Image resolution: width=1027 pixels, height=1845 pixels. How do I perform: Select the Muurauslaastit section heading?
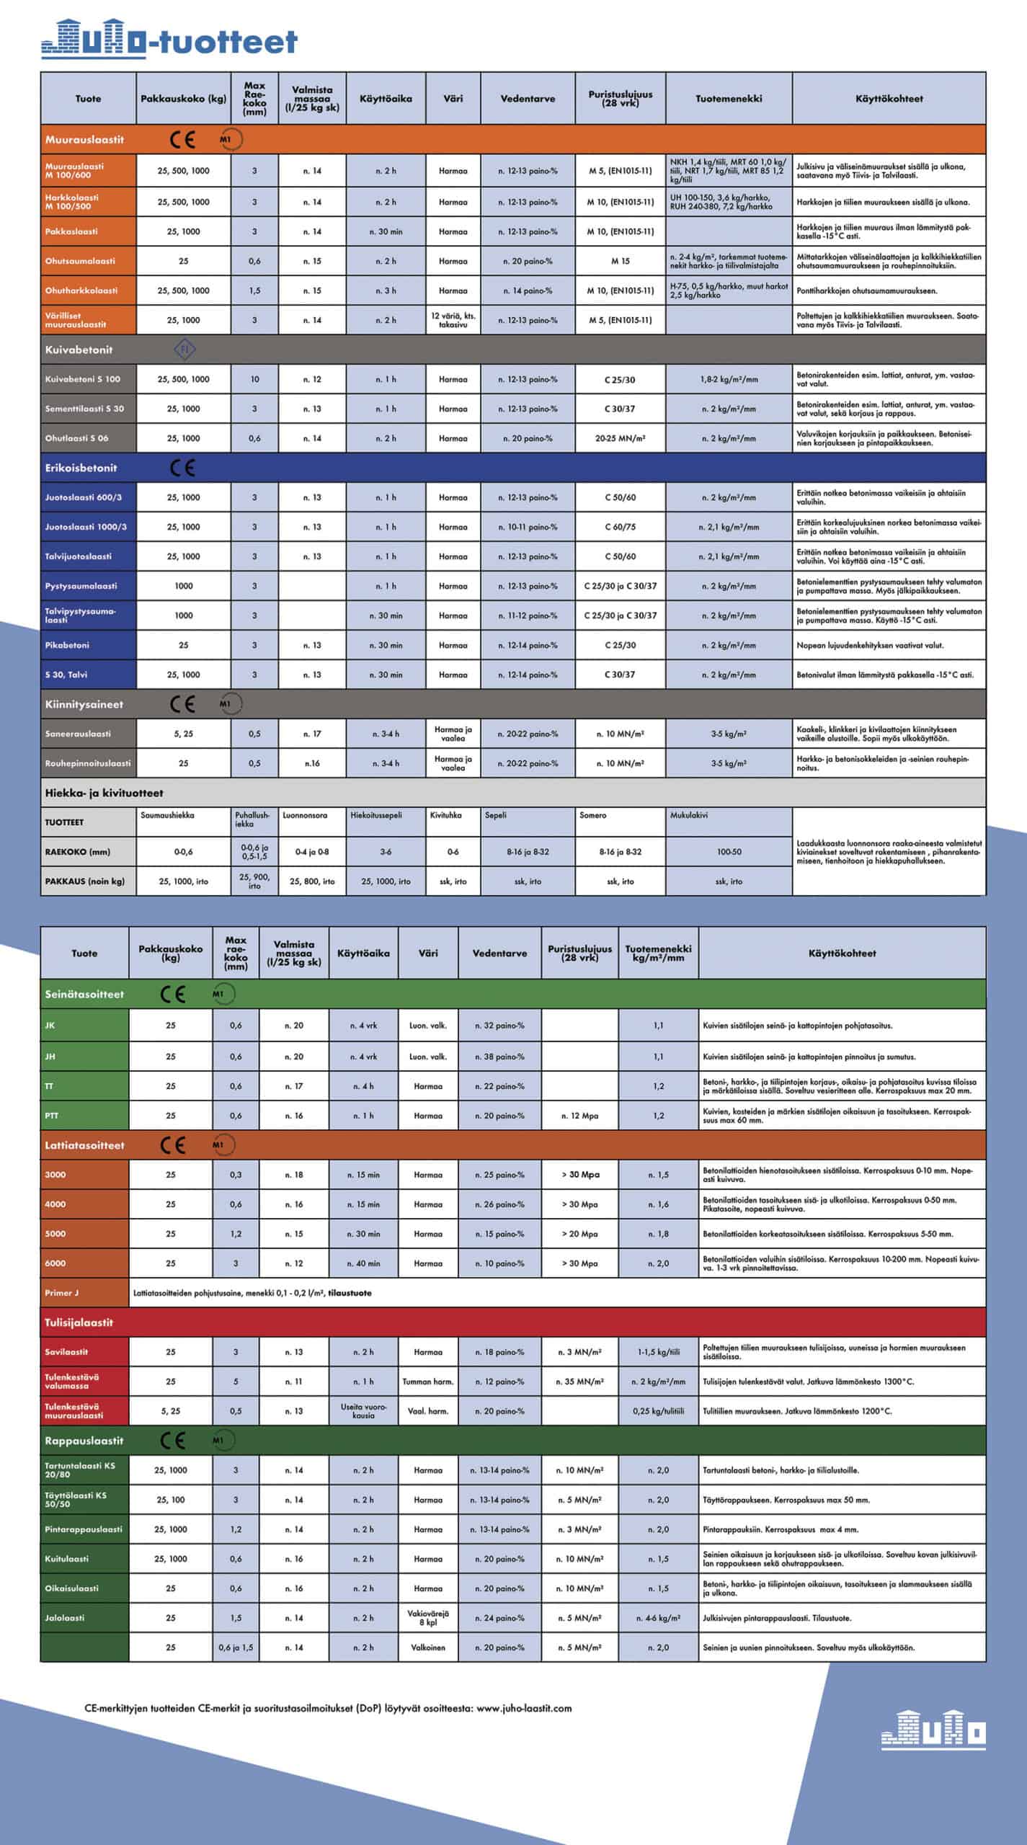(84, 139)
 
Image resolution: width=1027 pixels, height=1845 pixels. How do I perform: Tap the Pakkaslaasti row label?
(71, 231)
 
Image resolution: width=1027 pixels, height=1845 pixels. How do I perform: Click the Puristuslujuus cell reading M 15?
(620, 261)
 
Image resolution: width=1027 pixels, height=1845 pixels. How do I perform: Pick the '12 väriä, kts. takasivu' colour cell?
(453, 320)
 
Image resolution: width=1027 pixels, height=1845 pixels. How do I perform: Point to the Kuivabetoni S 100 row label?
(83, 379)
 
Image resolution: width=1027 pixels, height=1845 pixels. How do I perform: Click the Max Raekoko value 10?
(254, 379)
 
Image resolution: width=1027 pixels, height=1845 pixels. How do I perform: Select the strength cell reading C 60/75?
(620, 527)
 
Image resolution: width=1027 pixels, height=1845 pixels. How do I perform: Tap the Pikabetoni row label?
(67, 645)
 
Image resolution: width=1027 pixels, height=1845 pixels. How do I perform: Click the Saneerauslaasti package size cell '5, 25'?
(183, 734)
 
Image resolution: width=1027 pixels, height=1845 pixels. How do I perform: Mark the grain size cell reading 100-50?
(729, 852)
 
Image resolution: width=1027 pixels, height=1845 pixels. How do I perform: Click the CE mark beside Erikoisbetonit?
(182, 468)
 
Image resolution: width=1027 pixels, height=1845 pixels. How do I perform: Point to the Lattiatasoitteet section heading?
(84, 1145)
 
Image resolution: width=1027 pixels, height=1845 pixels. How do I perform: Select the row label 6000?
(55, 1263)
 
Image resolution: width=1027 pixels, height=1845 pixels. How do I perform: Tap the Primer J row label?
(62, 1293)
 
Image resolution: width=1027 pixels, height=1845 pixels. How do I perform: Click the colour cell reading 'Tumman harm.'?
(428, 1382)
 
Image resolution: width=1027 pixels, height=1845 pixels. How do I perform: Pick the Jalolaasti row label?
(65, 1618)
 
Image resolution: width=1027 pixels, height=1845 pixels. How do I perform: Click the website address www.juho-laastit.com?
(524, 1708)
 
